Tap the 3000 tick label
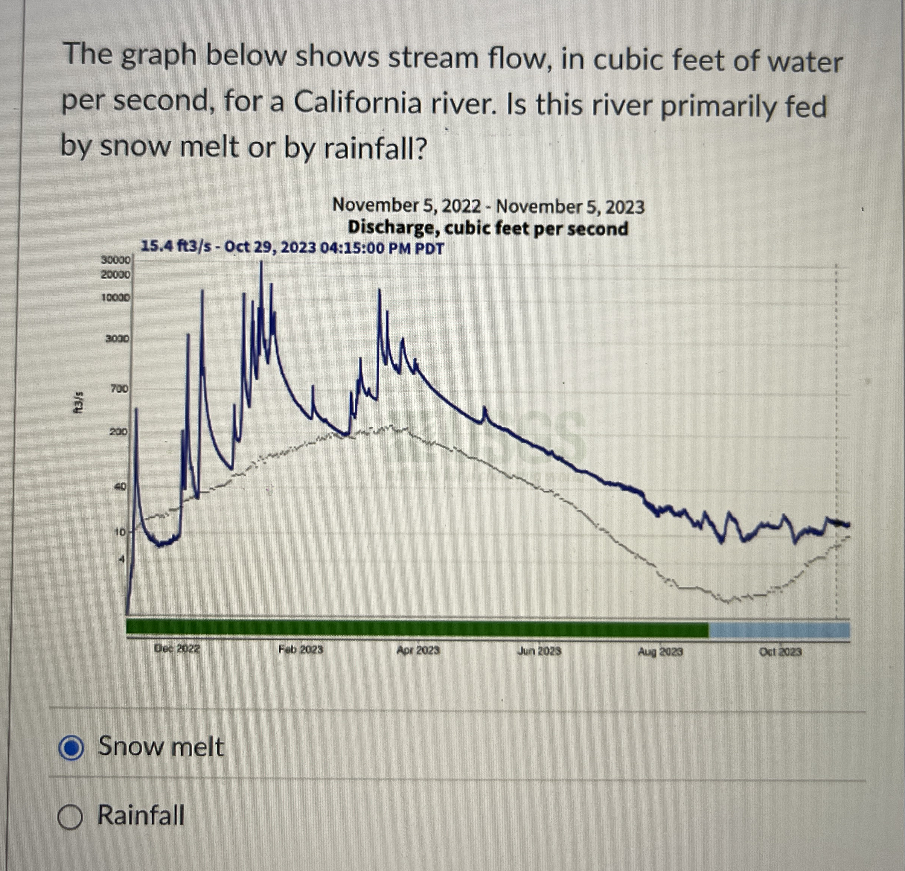118,339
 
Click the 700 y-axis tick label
120,389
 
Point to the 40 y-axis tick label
121,486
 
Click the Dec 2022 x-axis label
177,649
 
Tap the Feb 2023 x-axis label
300,649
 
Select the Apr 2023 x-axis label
418,650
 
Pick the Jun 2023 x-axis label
539,651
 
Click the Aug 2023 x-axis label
660,652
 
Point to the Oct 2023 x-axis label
780,652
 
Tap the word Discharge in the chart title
392,228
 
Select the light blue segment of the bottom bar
779,630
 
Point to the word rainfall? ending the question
373,149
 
